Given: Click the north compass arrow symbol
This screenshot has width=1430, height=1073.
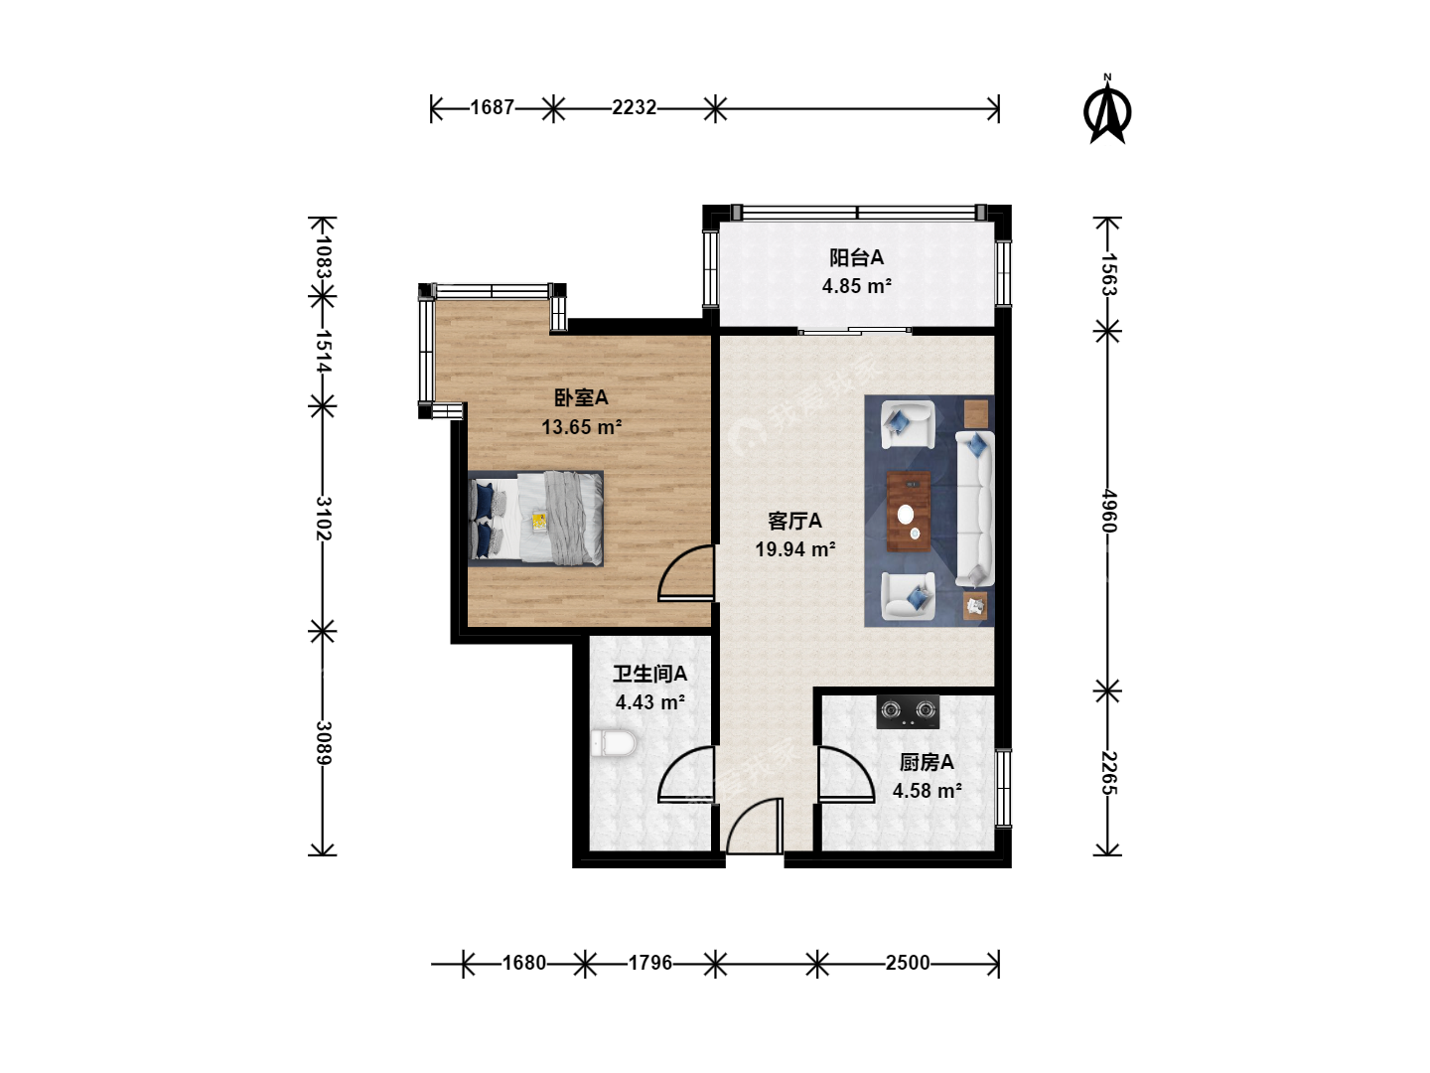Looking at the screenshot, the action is [1107, 109].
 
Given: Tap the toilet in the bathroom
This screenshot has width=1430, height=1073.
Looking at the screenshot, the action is [613, 743].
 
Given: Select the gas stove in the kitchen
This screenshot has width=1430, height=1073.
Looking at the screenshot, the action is [908, 711].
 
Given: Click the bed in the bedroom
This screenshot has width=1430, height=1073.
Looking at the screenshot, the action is [535, 519].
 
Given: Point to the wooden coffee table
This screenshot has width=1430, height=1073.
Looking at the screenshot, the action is [909, 511].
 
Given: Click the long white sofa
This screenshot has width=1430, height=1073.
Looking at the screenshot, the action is [974, 508].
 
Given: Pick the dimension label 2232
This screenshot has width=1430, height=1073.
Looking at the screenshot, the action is [634, 107].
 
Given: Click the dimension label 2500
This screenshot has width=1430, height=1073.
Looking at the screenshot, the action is [908, 963].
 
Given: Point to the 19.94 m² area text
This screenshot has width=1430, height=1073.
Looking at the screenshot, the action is [794, 549].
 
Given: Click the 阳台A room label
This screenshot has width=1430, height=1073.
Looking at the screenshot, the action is [856, 257].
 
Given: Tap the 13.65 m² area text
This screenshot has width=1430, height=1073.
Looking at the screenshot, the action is [581, 427].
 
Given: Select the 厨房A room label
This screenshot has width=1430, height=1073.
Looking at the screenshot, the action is [927, 762].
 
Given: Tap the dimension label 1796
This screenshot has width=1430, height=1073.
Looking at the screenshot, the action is [649, 963].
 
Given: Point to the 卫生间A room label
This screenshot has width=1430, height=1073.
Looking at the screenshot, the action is [649, 674].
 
